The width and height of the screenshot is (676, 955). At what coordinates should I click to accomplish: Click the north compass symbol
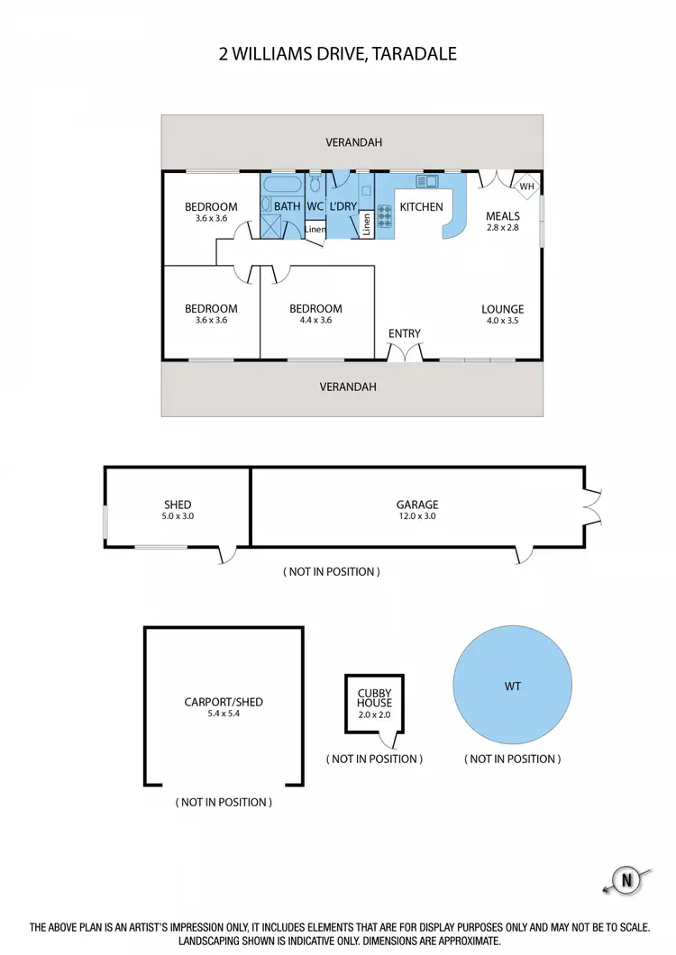[623, 879]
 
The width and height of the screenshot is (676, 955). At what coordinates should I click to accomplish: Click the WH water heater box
[527, 186]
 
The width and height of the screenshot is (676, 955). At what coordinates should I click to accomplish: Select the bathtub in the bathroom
[281, 186]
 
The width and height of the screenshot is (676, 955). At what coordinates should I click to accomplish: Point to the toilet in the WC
[315, 186]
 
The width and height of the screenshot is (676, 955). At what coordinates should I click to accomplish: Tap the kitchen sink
[425, 182]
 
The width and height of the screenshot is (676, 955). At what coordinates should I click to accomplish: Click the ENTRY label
[405, 333]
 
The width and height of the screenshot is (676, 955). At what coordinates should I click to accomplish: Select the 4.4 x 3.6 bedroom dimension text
[316, 320]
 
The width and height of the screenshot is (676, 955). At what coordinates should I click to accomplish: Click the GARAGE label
[417, 505]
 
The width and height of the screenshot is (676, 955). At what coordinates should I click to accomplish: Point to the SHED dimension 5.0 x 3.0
[178, 517]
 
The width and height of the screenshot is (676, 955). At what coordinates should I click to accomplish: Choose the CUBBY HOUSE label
[373, 697]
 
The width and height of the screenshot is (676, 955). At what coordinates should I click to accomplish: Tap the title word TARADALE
[418, 54]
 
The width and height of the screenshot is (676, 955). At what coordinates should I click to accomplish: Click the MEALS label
[503, 216]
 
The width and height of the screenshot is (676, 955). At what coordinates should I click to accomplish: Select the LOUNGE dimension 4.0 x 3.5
[502, 320]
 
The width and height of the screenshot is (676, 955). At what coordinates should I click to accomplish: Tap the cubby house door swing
[390, 741]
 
